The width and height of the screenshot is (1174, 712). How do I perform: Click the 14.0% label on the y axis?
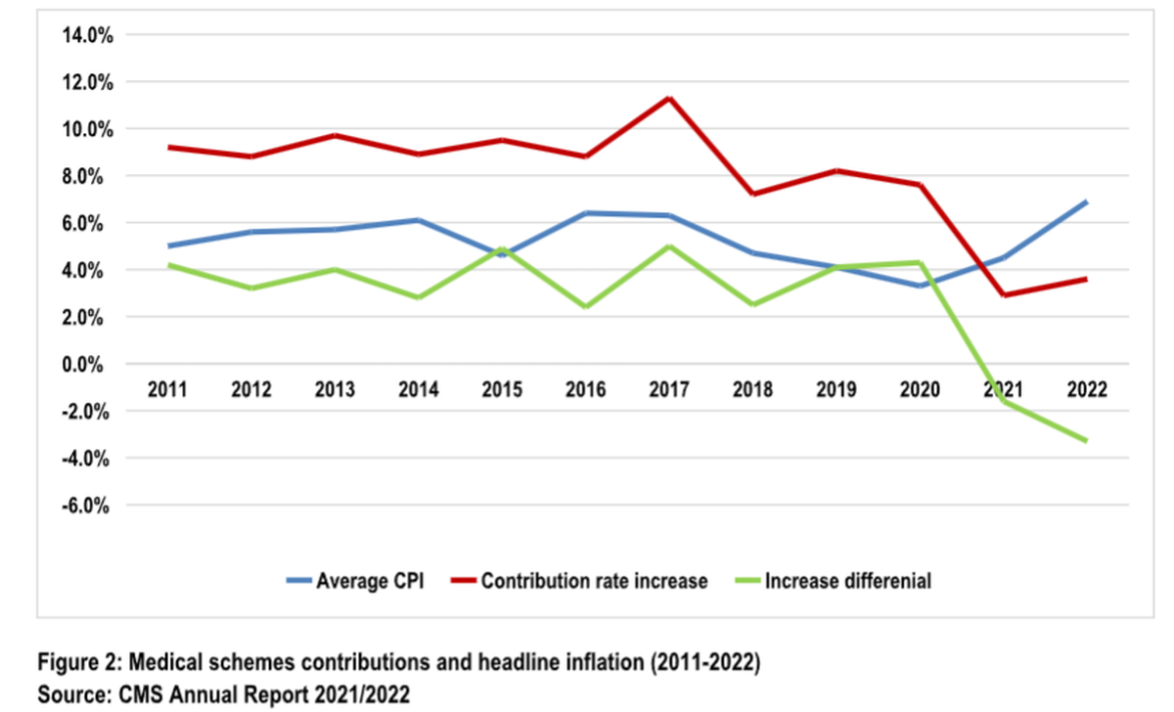(x=87, y=35)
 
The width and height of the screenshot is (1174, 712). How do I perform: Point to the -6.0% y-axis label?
(x=85, y=506)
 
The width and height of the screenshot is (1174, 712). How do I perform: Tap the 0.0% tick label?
(x=82, y=364)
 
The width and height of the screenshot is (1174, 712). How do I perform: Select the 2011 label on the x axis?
(x=167, y=389)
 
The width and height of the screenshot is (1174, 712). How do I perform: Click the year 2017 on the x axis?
(x=669, y=389)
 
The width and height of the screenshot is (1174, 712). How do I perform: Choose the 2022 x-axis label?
(x=1087, y=389)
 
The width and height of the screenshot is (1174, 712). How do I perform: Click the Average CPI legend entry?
(x=355, y=581)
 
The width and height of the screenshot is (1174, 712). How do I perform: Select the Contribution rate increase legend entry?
(x=579, y=581)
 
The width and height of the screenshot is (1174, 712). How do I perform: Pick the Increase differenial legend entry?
(x=834, y=581)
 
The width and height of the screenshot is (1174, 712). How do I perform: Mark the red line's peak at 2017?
(x=669, y=99)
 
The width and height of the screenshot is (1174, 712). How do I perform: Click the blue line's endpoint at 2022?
(x=1086, y=202)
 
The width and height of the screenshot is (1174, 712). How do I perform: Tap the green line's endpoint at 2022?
(x=1086, y=441)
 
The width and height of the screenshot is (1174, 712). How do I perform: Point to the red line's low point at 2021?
(x=1004, y=295)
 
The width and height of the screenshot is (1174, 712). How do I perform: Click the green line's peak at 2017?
(x=669, y=246)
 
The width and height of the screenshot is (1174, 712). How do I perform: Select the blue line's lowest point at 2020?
(x=921, y=286)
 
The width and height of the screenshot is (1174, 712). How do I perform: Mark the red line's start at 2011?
(x=168, y=148)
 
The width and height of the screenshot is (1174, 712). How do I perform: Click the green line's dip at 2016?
(x=586, y=306)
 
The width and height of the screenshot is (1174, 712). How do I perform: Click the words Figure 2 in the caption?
(x=79, y=662)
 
